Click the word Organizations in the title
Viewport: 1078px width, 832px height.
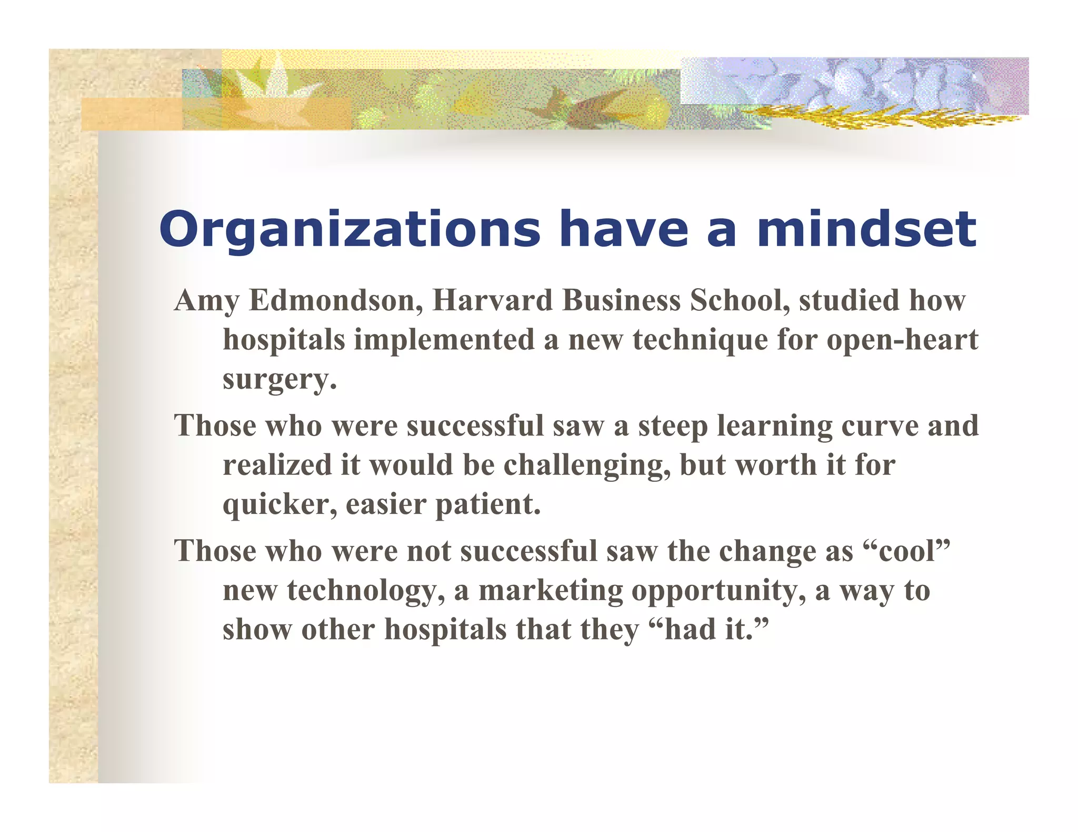click(x=350, y=229)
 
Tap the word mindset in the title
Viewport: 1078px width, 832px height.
click(x=866, y=229)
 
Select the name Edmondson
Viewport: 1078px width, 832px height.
click(x=335, y=300)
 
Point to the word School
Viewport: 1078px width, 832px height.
click(x=739, y=300)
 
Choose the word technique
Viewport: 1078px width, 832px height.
click(x=700, y=340)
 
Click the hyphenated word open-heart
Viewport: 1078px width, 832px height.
click(x=902, y=340)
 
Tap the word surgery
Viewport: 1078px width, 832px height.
click(x=278, y=380)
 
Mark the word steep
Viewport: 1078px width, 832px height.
click(x=673, y=426)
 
